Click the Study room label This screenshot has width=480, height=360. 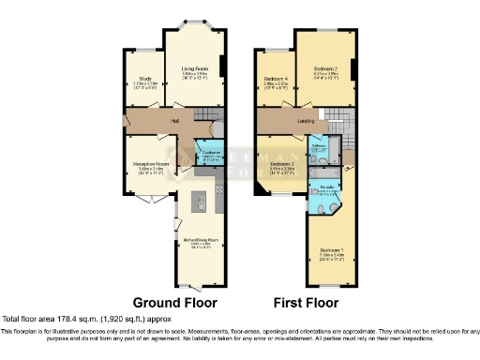[143, 80]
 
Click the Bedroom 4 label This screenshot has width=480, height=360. [273, 80]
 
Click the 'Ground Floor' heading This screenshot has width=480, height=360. [174, 303]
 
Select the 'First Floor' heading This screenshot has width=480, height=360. [305, 303]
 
